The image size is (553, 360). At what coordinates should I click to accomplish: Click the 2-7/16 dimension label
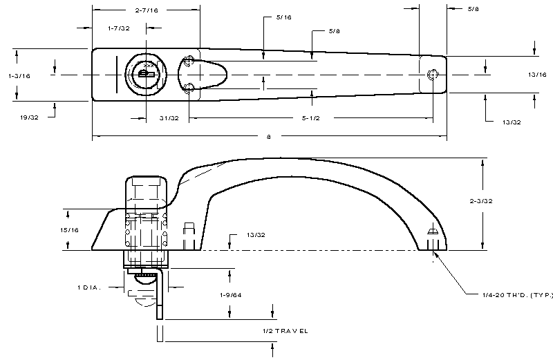click(x=147, y=10)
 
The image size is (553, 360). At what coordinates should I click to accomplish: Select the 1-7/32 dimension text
click(x=119, y=28)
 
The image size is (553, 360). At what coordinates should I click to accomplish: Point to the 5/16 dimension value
click(x=284, y=17)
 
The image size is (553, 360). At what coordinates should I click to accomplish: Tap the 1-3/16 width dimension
click(x=19, y=76)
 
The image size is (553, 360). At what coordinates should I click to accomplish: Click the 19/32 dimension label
click(x=29, y=117)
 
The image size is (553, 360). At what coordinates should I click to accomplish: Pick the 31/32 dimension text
click(x=169, y=118)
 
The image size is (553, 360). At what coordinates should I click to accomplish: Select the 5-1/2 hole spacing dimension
click(x=310, y=118)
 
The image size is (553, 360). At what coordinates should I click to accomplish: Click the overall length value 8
click(x=269, y=137)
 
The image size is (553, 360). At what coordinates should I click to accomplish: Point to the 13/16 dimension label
click(x=537, y=75)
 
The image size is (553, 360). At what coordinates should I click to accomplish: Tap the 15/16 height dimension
click(x=69, y=230)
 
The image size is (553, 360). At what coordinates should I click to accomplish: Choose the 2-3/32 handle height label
click(x=481, y=201)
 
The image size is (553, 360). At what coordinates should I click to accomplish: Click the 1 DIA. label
click(x=89, y=287)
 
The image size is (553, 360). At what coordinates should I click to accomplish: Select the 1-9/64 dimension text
click(x=231, y=295)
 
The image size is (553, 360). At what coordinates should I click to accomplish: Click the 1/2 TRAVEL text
click(x=285, y=331)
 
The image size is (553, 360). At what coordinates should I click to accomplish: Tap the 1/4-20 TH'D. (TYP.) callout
click(x=517, y=295)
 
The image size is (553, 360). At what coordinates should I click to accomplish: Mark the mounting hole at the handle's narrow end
click(x=433, y=75)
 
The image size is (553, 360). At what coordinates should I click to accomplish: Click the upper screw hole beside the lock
click(x=189, y=61)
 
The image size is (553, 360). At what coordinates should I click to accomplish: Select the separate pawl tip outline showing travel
click(x=160, y=334)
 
